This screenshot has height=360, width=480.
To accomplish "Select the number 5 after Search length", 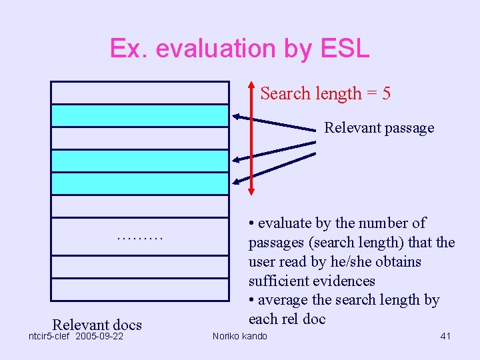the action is [386, 94].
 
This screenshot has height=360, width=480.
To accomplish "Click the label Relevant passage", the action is [379, 128].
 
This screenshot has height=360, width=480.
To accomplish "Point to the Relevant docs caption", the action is [97, 325].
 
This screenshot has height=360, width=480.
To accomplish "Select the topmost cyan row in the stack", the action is [140, 115].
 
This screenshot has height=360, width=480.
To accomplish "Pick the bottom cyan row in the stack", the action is [140, 183].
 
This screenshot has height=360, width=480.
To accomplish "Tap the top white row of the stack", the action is [140, 93].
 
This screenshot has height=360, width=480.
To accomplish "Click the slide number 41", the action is [445, 336].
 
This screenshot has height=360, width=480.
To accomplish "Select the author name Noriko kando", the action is [239, 336].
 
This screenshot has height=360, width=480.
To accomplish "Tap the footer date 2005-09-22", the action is [100, 336].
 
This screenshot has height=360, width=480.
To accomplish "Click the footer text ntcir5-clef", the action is [49, 336].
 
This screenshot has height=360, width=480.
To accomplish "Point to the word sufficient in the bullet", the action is [279, 281].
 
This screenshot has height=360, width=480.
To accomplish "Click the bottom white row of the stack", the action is [140, 289].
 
